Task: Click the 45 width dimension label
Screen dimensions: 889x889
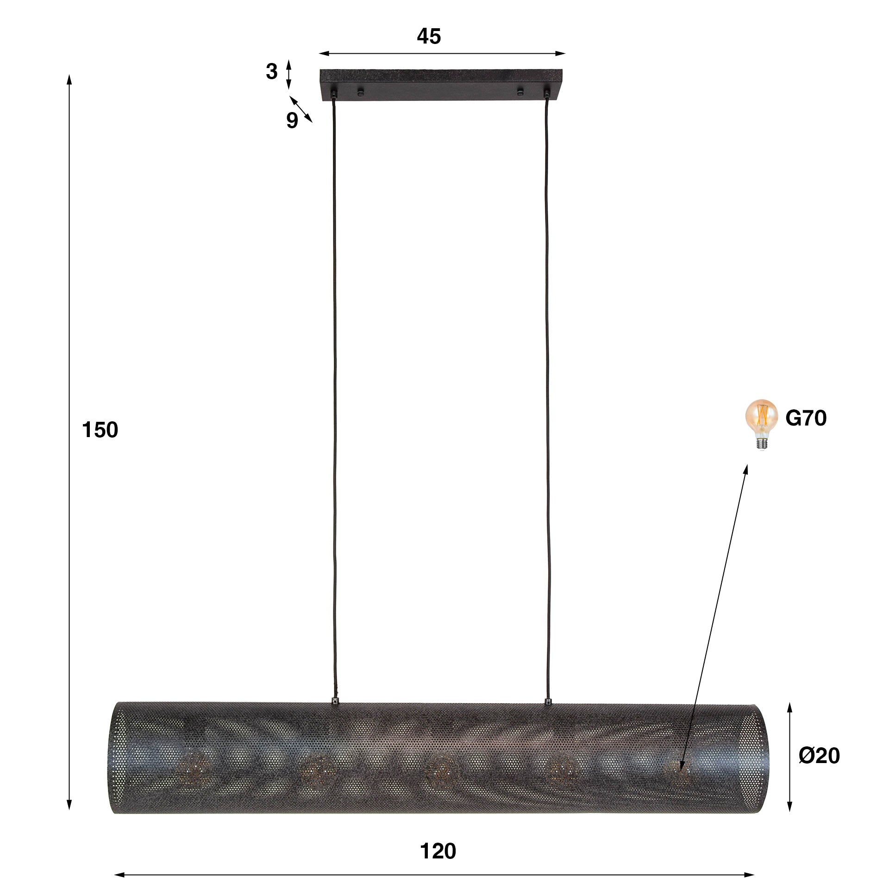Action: (x=429, y=37)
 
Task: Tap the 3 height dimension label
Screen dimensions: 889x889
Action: (x=272, y=72)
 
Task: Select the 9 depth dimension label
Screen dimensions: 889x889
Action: (x=292, y=121)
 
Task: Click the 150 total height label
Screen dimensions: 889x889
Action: (x=100, y=430)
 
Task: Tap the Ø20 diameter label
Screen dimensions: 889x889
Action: (x=819, y=756)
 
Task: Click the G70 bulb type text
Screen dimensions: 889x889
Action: (x=806, y=418)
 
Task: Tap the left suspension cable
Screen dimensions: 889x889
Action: (x=334, y=394)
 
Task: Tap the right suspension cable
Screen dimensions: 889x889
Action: (x=548, y=394)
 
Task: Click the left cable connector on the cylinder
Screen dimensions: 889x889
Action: (x=334, y=701)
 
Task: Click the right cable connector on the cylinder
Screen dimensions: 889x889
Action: (x=548, y=701)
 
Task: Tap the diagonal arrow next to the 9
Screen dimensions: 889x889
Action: (x=301, y=109)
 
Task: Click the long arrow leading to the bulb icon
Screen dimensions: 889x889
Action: (x=713, y=616)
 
